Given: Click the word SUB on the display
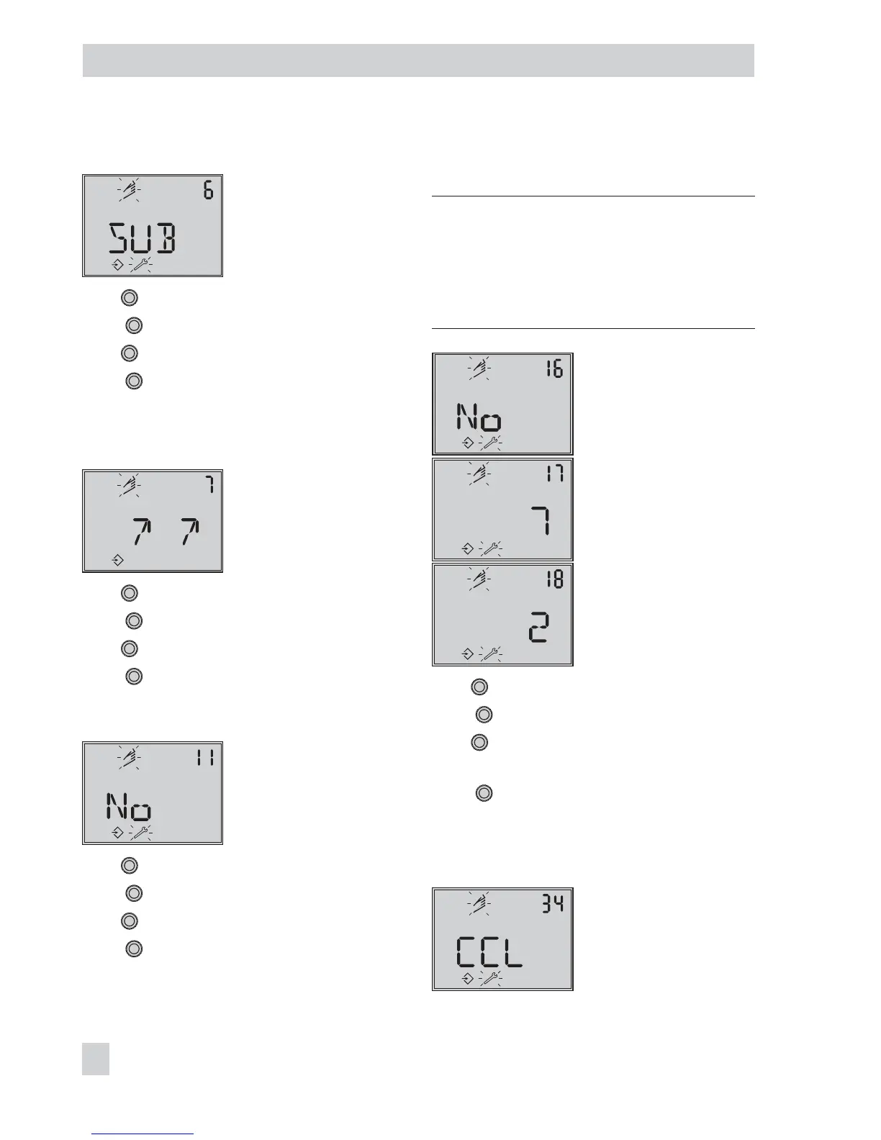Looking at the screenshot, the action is click(x=142, y=238).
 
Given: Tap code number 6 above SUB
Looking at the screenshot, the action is click(x=208, y=191).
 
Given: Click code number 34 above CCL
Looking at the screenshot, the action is click(x=554, y=903).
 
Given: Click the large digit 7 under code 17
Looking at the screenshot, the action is click(x=541, y=520).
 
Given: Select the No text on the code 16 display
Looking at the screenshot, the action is click(x=479, y=417).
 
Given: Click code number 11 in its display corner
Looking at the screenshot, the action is click(x=205, y=757).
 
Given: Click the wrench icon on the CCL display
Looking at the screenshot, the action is click(x=490, y=979).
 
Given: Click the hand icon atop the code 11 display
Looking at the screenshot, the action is click(x=130, y=757).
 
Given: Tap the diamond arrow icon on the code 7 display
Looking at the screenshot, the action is click(x=117, y=559).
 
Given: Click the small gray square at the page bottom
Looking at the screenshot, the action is click(x=96, y=1059).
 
